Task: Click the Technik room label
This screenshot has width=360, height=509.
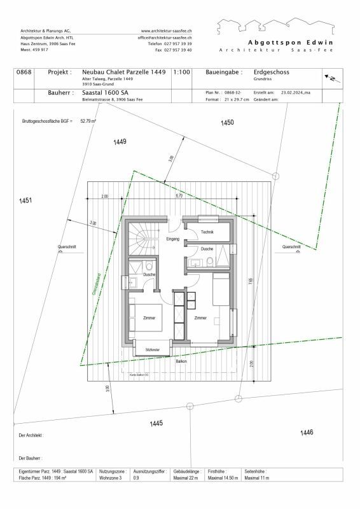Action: coord(207,233)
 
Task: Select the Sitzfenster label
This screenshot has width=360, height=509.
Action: coord(152,350)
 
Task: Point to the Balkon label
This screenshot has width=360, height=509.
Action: coord(181,361)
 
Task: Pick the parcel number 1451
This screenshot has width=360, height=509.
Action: coord(25,201)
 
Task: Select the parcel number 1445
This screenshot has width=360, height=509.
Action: coord(156,423)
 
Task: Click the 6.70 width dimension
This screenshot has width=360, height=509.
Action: coord(180,196)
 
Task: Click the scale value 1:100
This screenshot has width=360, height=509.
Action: coord(181,73)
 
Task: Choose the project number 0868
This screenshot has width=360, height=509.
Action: coord(24,73)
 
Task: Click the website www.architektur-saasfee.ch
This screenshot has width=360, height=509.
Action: coord(167,31)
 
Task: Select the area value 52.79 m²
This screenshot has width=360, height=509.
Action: coord(87,120)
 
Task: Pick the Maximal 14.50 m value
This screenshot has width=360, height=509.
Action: coord(225,477)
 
